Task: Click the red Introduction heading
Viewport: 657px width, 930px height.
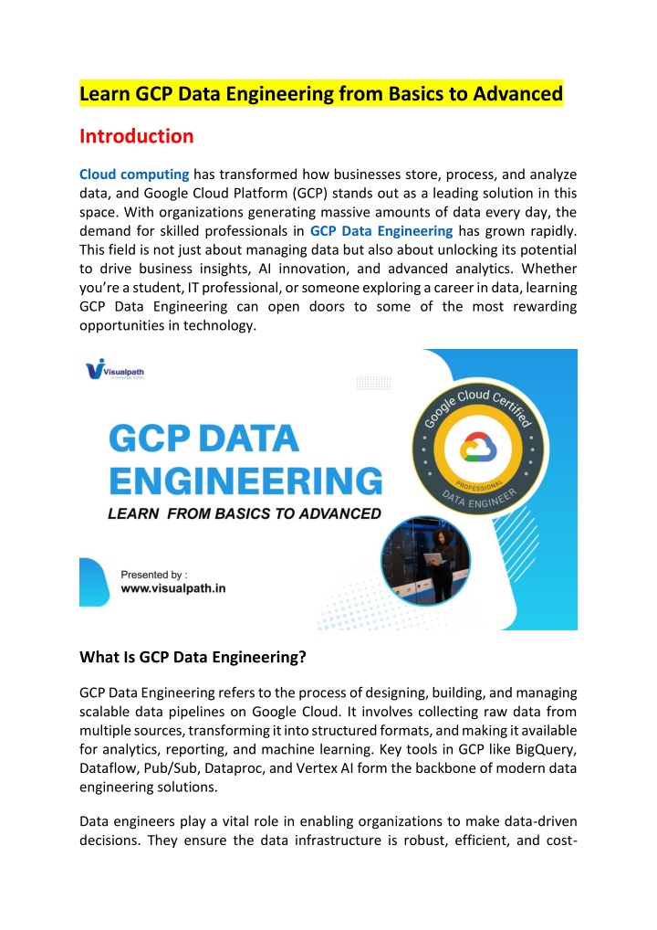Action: point(136,136)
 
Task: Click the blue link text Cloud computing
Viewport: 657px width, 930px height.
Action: point(134,174)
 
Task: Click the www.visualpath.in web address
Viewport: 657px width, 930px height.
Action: point(173,589)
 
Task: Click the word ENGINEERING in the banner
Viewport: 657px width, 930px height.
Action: point(245,480)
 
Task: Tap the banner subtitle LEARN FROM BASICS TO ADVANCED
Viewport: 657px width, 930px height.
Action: point(245,513)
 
